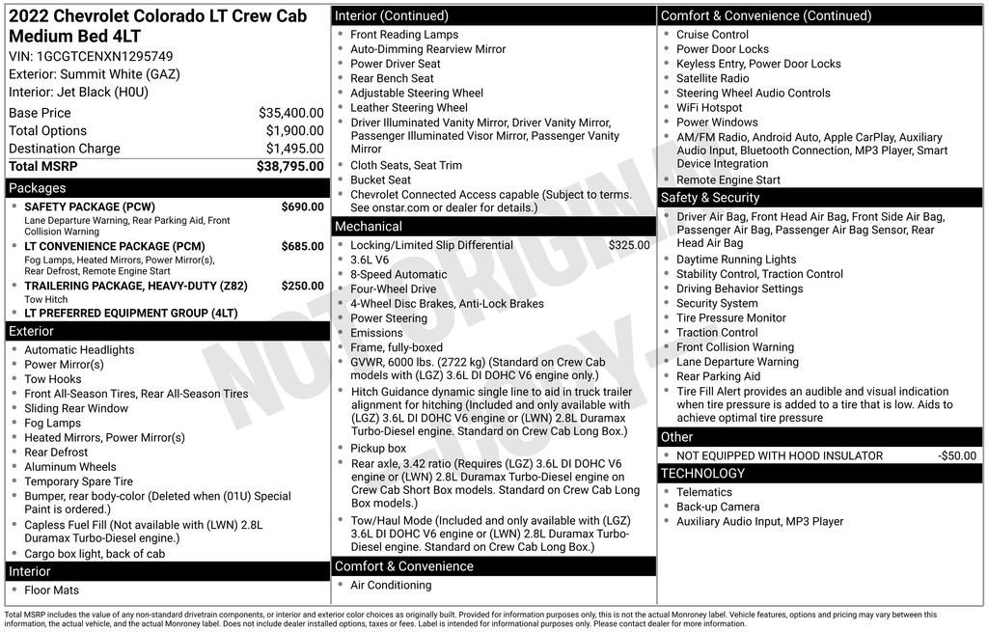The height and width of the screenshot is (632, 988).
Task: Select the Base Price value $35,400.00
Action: tap(290, 113)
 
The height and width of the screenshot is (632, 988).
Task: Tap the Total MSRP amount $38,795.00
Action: tap(289, 166)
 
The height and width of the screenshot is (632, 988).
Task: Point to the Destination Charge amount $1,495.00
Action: tap(294, 149)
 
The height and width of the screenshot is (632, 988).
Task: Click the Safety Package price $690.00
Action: tap(302, 206)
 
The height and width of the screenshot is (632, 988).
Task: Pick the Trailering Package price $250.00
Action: tap(302, 286)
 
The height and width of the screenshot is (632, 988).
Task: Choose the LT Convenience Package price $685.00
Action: tap(302, 246)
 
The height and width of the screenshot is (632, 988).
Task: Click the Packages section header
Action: tap(38, 188)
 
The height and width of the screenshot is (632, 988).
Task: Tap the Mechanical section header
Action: tap(368, 227)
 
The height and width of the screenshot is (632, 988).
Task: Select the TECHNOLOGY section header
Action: tap(702, 474)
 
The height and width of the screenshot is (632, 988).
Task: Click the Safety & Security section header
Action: tap(710, 198)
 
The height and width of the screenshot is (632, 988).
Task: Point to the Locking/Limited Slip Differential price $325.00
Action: tap(628, 245)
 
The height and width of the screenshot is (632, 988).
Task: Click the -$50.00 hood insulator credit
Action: tap(956, 455)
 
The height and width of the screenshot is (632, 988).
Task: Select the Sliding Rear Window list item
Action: tap(76, 408)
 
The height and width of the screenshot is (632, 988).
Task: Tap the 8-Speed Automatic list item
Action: tap(398, 274)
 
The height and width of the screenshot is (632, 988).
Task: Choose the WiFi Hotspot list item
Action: tap(709, 108)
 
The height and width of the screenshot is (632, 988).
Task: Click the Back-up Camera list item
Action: tap(718, 507)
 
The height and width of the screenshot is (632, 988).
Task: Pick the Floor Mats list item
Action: tap(52, 590)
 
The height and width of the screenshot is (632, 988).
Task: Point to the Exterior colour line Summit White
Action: tap(95, 74)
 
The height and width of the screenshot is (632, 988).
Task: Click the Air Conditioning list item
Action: tap(391, 585)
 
